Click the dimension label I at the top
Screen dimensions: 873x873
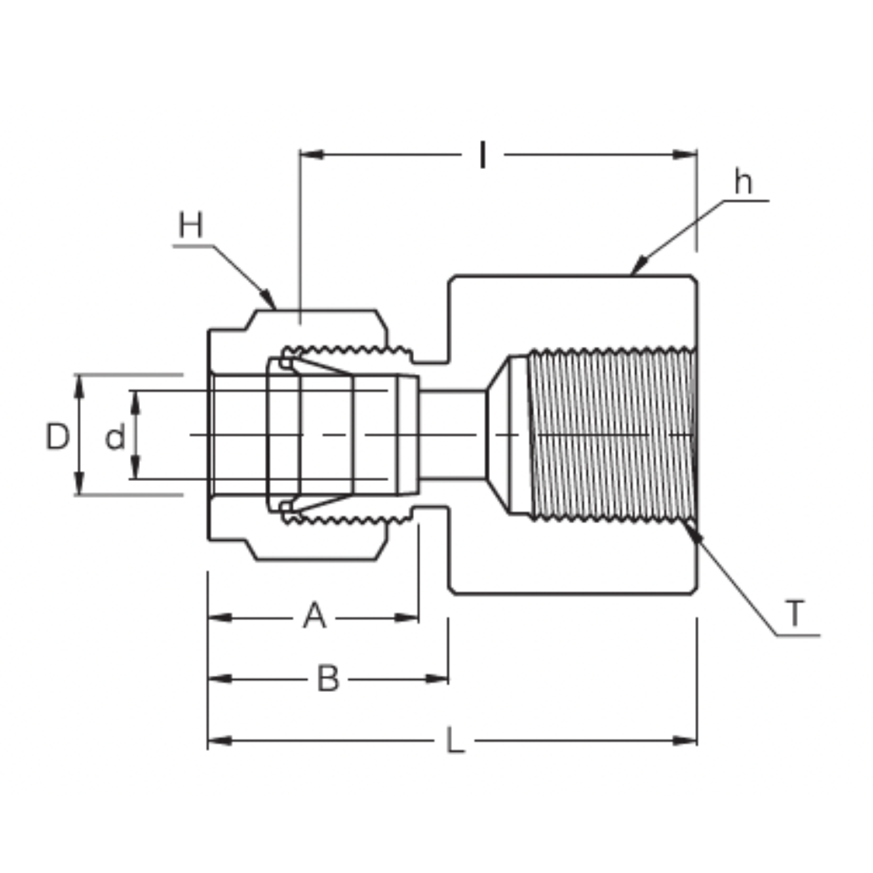[x=483, y=154]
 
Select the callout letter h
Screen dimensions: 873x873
[x=742, y=183]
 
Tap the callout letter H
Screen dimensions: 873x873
[x=191, y=226]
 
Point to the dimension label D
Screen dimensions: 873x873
[x=57, y=437]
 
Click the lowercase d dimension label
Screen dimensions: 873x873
[x=115, y=438]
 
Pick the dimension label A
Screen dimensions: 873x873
[x=314, y=617]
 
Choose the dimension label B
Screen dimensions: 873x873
[x=327, y=680]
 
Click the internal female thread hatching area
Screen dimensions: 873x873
[x=610, y=435]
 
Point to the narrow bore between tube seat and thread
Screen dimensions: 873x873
[x=452, y=435]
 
